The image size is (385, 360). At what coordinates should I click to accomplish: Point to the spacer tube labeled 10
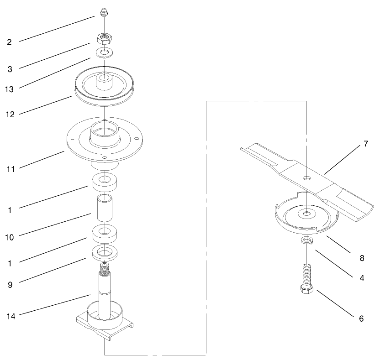[105, 207]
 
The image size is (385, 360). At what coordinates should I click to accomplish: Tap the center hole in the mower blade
[307, 177]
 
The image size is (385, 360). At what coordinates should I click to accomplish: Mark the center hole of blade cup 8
[307, 213]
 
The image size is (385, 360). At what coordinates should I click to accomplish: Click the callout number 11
[11, 169]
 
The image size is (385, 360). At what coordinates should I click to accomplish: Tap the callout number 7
[365, 144]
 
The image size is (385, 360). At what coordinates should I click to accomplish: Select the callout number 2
[9, 42]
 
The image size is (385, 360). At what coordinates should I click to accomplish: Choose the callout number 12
[11, 115]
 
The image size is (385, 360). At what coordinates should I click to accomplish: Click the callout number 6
[361, 318]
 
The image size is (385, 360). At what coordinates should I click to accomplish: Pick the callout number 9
[10, 285]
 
